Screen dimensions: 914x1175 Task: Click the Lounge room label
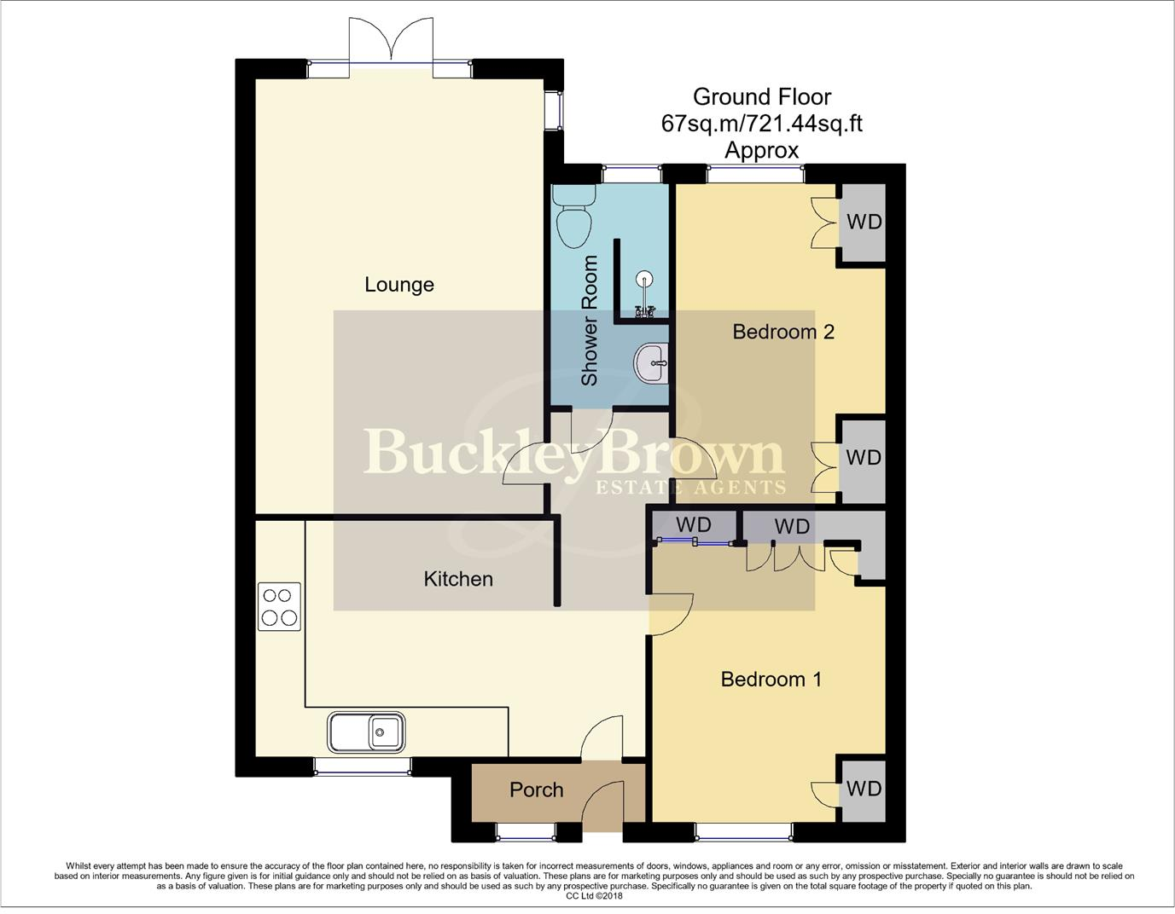tap(398, 285)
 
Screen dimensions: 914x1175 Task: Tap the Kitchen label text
tap(458, 579)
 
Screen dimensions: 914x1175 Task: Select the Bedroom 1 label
tap(771, 680)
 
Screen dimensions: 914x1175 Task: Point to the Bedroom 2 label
tap(782, 332)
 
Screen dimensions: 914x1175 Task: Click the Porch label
tap(536, 790)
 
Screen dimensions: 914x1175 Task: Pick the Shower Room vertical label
tap(590, 321)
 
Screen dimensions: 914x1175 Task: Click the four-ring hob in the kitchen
tap(279, 606)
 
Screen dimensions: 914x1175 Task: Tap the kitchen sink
tap(366, 732)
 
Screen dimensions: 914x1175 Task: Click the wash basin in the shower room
tap(653, 364)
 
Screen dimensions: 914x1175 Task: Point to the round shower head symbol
tap(645, 278)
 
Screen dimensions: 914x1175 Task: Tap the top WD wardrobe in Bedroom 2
tap(864, 223)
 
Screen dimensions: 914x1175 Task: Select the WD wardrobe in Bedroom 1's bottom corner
tap(863, 789)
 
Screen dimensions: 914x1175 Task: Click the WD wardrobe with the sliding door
tap(693, 524)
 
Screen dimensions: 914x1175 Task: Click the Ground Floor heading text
tap(761, 97)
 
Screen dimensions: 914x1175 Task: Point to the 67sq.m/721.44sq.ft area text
tap(761, 124)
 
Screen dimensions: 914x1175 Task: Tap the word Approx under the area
tap(761, 151)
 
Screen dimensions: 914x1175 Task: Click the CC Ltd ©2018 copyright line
tap(594, 896)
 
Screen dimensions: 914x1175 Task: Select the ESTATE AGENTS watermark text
tap(689, 488)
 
